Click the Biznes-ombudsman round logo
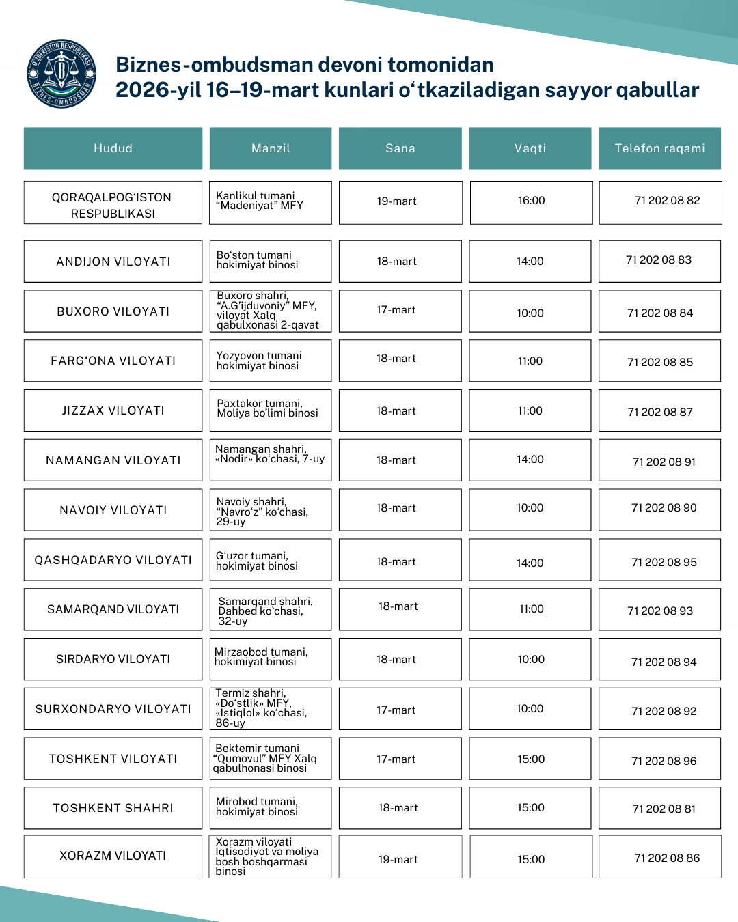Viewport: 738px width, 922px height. point(61,74)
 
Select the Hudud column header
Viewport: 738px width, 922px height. point(113,148)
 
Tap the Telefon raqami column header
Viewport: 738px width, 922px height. point(659,148)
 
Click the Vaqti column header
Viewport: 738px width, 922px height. point(530,148)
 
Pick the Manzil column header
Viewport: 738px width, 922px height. point(271,148)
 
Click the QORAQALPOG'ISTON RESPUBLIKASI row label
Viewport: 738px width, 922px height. point(113,205)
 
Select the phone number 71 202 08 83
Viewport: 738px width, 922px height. point(659,260)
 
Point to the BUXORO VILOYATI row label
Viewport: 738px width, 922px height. point(113,311)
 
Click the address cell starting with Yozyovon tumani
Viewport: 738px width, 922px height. point(271,361)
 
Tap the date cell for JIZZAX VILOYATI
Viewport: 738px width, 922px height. point(396,410)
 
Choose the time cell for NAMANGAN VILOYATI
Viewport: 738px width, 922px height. point(530,460)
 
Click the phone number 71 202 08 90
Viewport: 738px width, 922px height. point(664,508)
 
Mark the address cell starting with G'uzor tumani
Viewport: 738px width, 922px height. point(271,561)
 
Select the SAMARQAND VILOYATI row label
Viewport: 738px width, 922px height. point(113,609)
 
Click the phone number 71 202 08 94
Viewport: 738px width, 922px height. point(664,662)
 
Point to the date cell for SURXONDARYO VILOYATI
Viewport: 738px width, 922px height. point(396,710)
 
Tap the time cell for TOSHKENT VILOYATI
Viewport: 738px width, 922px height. point(531,759)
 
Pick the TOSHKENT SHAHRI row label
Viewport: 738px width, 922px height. point(113,808)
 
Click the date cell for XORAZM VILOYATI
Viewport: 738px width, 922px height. point(398,859)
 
